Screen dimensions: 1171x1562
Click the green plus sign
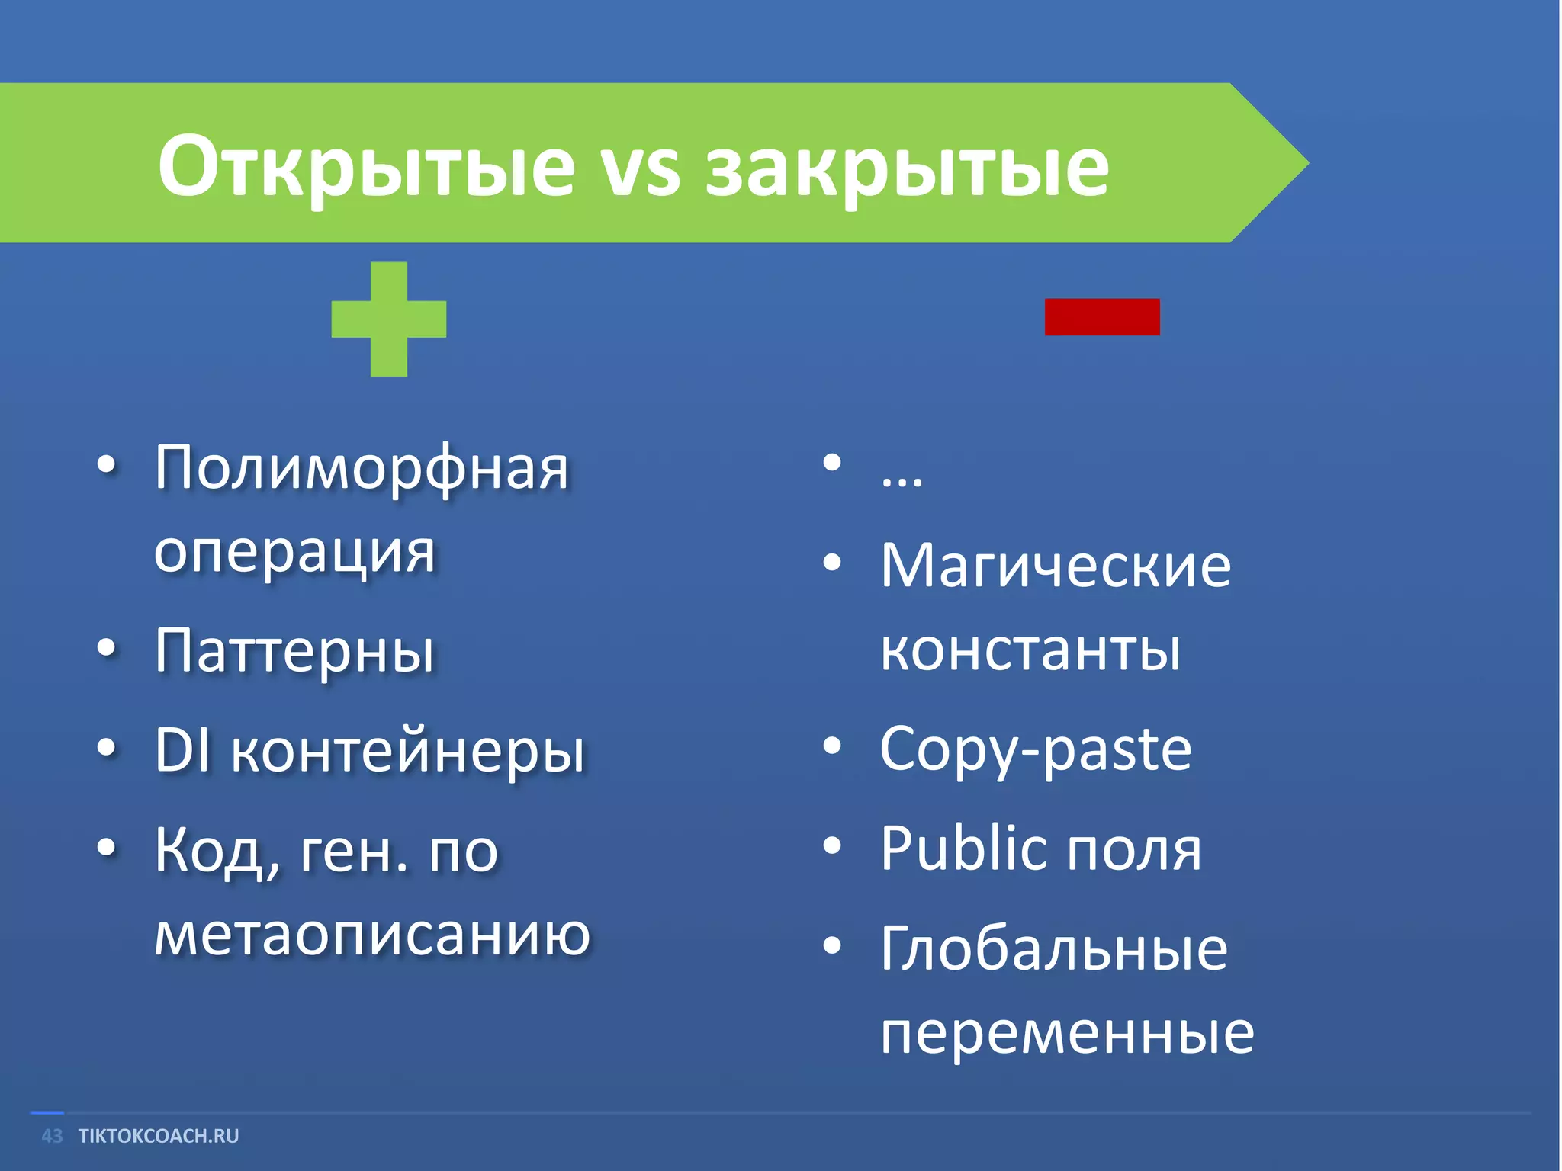pos(389,319)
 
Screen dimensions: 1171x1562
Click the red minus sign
pos(1101,317)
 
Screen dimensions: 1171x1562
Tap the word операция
pos(295,552)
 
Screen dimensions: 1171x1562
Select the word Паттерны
pos(295,653)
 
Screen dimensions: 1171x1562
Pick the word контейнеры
pos(408,752)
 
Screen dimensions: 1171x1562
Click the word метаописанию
pos(372,935)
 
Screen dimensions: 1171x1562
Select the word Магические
pos(1056,566)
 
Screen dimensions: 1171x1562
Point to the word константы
pos(1030,650)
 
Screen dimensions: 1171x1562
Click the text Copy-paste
pos(1035,750)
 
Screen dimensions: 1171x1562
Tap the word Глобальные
pos(1054,948)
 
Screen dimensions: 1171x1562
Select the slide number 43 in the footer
pos(52,1136)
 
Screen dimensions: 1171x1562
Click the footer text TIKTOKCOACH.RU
pos(159,1136)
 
